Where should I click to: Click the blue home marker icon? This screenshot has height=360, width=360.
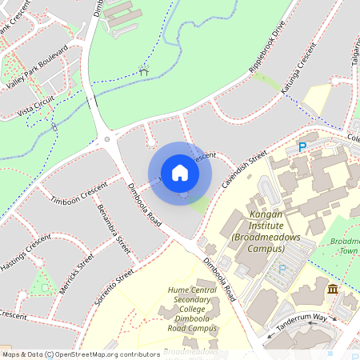180,172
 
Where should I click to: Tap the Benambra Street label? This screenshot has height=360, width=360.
113,228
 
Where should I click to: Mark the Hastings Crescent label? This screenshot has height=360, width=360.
22,254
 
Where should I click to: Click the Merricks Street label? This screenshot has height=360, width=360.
77,273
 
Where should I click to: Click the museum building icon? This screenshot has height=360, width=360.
332,288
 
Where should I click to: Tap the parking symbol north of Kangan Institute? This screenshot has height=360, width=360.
302,146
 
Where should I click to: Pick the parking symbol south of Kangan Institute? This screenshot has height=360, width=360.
282,269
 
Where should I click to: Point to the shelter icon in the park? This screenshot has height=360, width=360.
144,71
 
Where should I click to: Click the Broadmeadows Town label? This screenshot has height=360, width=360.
344,246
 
